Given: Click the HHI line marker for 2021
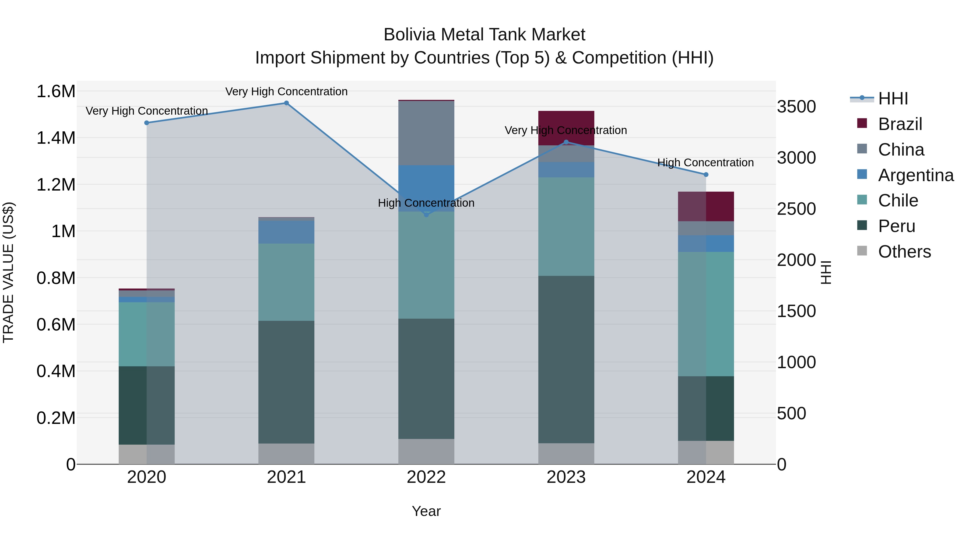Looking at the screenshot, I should (286, 103).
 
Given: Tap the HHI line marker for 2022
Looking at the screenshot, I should (426, 215).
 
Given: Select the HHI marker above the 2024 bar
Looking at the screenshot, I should (706, 174).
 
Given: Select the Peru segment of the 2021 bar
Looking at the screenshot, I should (286, 382).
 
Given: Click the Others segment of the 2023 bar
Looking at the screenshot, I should (566, 453).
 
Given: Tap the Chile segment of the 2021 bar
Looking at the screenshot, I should (286, 282).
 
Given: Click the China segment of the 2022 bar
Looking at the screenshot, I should (426, 133).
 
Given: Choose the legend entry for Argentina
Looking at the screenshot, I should (916, 175).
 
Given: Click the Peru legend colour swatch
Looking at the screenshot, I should (862, 226).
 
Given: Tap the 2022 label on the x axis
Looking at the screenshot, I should (426, 477).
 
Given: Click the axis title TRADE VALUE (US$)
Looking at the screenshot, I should (8, 272).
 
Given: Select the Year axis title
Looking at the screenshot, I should (426, 511).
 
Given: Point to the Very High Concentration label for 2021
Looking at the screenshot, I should (286, 92).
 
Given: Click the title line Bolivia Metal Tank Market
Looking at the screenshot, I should (484, 35).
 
